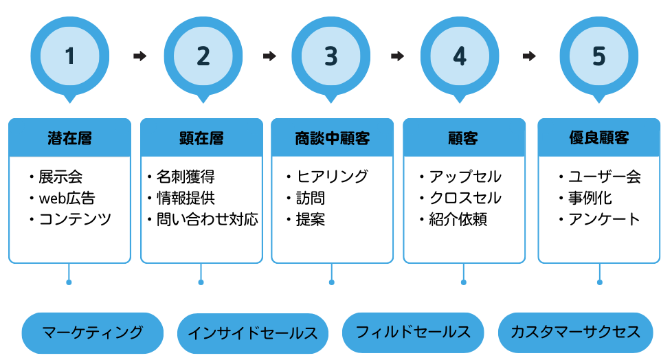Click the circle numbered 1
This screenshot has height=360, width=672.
click(69, 56)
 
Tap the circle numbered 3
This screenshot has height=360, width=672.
click(331, 56)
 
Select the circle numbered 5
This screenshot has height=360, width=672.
click(599, 56)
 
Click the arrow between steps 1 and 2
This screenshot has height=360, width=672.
click(139, 56)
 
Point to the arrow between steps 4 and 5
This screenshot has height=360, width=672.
click(528, 56)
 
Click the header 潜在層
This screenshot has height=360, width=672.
click(69, 138)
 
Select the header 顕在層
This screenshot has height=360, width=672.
click(201, 138)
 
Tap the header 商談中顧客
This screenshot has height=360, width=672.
click(332, 138)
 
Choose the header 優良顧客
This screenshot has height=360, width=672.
click(599, 138)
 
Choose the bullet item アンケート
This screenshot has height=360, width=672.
click(603, 220)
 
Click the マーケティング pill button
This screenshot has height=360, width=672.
click(92, 333)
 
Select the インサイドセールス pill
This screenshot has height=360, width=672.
click(252, 333)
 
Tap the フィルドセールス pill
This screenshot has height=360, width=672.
click(413, 333)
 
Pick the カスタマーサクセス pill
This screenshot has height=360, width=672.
click(575, 333)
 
